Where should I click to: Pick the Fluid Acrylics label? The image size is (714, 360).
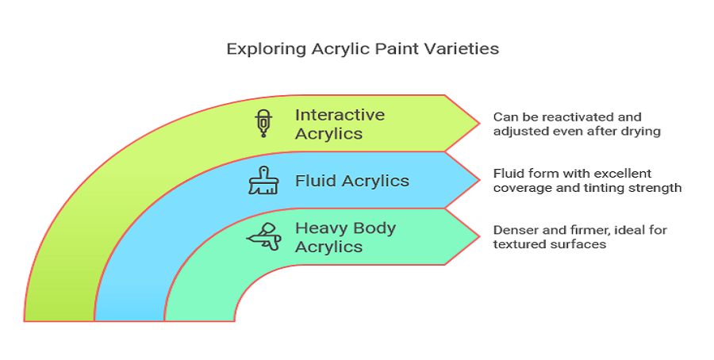(351, 181)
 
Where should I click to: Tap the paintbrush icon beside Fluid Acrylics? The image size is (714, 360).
(262, 181)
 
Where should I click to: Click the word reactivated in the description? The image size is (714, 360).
(573, 117)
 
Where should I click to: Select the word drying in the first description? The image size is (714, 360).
(642, 132)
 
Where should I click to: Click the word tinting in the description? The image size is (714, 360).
(596, 188)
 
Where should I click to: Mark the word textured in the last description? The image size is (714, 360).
(520, 244)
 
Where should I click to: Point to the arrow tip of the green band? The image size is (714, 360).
(479, 122)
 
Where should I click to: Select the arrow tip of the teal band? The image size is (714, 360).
(479, 236)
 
